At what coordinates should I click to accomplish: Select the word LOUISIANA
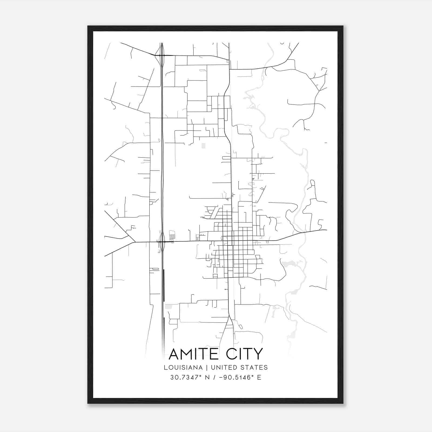(x=183, y=367)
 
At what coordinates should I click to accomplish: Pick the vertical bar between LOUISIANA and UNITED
(x=207, y=367)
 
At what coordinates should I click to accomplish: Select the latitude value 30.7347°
(x=185, y=377)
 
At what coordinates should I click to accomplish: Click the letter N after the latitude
(x=207, y=377)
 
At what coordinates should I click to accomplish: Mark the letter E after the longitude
(x=259, y=377)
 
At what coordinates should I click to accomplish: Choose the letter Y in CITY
(x=258, y=354)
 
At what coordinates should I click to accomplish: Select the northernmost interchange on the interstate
(x=161, y=55)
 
